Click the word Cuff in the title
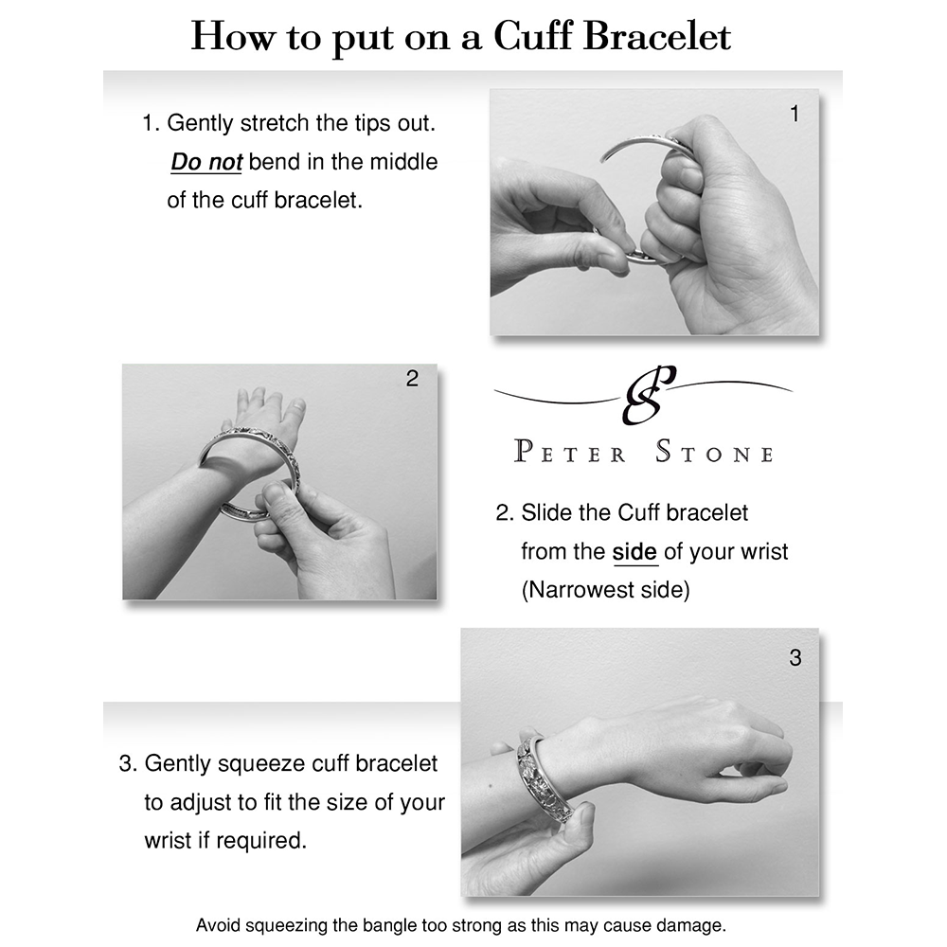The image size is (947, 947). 532,36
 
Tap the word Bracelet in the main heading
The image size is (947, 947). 657,36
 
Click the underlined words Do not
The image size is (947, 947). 206,162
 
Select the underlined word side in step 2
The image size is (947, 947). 634,551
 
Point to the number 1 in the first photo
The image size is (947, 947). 795,114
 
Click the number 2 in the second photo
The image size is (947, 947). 412,379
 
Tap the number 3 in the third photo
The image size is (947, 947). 795,658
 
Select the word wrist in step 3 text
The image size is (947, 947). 169,841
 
